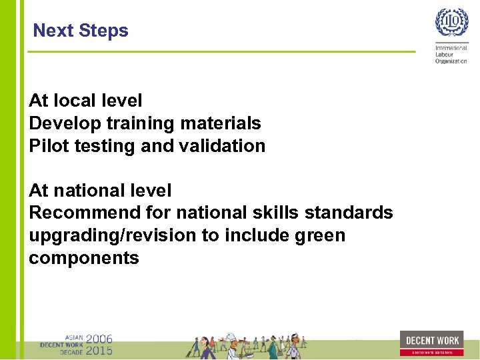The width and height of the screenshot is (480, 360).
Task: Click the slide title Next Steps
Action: (x=81, y=31)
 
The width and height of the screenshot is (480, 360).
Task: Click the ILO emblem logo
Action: (x=451, y=24)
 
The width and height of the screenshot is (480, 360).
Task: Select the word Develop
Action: (x=61, y=123)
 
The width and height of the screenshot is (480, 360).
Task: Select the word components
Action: (x=84, y=259)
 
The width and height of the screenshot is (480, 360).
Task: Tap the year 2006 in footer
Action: (x=99, y=339)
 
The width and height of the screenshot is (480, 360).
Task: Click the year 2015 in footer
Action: (x=99, y=350)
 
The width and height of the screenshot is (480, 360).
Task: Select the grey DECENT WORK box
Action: (x=433, y=340)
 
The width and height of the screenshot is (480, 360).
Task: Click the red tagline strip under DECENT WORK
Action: (x=433, y=352)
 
